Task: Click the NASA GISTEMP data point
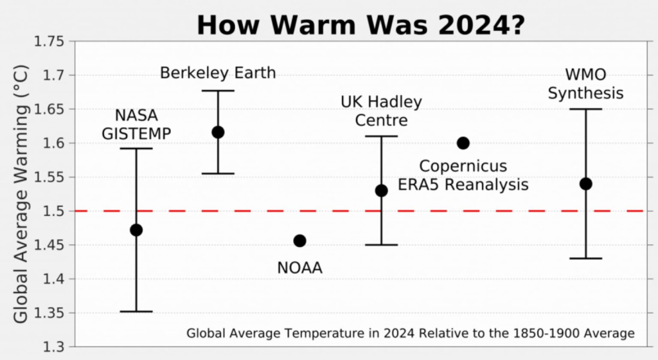[136, 230]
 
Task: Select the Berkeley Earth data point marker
[218, 132]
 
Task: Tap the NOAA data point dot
[299, 240]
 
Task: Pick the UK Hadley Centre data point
[381, 190]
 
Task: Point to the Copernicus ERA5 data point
[463, 143]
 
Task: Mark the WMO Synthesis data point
[585, 184]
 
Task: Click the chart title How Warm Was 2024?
[362, 24]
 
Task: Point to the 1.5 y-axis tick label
[55, 211]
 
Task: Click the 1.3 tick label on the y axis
[55, 347]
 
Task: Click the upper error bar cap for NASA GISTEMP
[136, 148]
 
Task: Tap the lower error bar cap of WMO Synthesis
[585, 258]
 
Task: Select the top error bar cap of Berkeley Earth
[218, 91]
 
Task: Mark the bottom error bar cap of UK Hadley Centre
[381, 245]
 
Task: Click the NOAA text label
[299, 267]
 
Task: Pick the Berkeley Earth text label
[218, 73]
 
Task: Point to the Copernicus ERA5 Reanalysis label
[463, 175]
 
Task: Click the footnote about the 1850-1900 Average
[410, 334]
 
